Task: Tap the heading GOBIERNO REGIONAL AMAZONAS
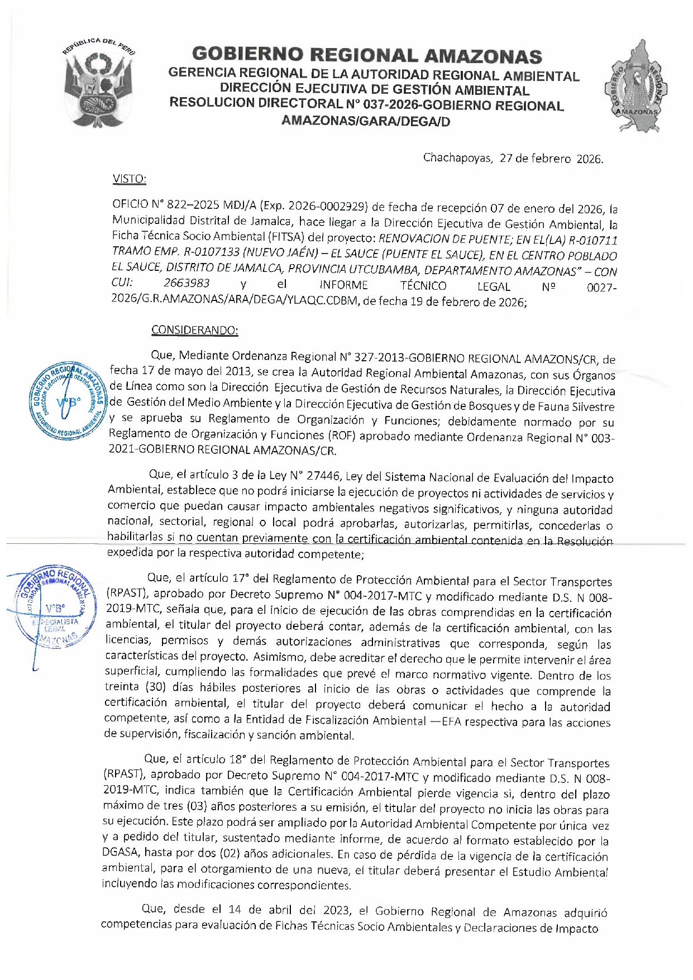click(x=367, y=55)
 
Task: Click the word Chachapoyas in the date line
click(x=457, y=158)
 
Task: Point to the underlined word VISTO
click(x=129, y=179)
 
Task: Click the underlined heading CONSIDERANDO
click(x=194, y=330)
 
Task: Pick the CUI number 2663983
click(x=187, y=284)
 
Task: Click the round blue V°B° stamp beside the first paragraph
click(x=68, y=400)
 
